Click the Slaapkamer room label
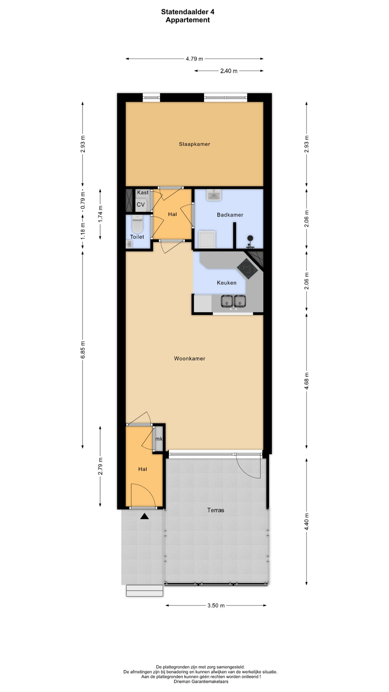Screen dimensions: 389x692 tap(194, 144)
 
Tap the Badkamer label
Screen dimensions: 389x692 tap(230, 215)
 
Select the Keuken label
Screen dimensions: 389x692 tap(227, 283)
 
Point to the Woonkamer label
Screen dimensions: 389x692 tap(189, 359)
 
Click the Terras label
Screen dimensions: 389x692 tap(216, 510)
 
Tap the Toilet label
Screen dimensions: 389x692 tap(137, 237)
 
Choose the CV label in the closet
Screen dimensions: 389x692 tap(140, 205)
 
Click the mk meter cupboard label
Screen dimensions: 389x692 tap(159, 439)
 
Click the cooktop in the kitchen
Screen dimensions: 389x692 tap(247, 269)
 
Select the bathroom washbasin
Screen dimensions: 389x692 tap(214, 195)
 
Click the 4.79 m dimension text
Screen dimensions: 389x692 tap(194, 59)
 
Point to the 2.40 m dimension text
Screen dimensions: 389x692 tap(229, 71)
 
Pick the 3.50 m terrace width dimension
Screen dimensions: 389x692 tap(216, 605)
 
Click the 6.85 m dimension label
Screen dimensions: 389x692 tap(83, 350)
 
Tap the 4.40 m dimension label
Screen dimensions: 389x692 tap(307, 522)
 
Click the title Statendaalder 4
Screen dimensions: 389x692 tap(188, 12)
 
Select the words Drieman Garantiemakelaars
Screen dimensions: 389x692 tap(201, 682)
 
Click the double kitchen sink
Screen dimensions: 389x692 tap(233, 301)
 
